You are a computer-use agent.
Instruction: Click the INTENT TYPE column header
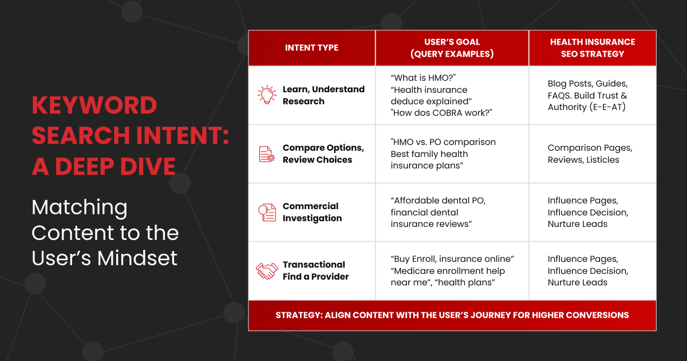click(x=311, y=48)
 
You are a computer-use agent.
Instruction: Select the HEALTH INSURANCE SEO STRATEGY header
click(x=592, y=48)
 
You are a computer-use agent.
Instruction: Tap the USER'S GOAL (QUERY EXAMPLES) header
click(x=452, y=48)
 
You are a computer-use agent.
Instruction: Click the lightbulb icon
click(x=267, y=95)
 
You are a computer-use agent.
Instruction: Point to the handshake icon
click(x=267, y=270)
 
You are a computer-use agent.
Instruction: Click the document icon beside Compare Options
click(x=267, y=154)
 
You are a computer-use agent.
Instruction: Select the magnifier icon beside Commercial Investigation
click(x=267, y=212)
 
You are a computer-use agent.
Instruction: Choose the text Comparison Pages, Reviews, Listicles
click(x=590, y=154)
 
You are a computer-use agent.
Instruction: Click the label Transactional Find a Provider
click(x=315, y=270)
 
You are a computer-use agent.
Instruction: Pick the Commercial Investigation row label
click(x=312, y=212)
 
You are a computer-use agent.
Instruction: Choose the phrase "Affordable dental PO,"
click(x=439, y=201)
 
